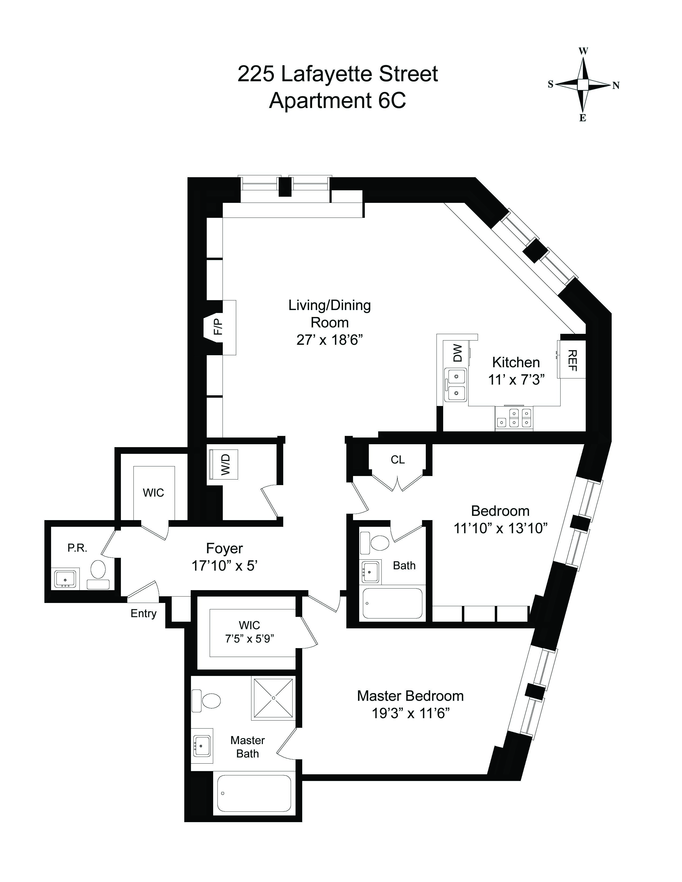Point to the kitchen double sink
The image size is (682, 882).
point(455,385)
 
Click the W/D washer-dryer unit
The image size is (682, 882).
point(223,465)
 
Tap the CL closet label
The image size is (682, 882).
point(397,460)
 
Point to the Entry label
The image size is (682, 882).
point(143,613)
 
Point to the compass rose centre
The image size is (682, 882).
point(583,85)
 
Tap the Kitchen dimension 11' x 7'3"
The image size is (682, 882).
point(516,380)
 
